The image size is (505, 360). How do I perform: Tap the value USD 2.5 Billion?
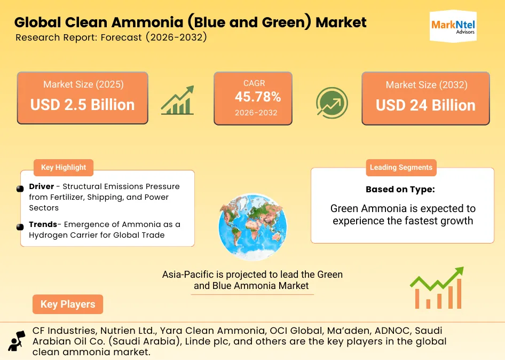point(82,105)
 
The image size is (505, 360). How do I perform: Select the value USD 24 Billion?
point(425,105)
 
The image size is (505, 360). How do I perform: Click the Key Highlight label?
point(64,167)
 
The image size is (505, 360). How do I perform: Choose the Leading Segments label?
point(401,167)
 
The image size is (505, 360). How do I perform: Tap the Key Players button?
point(68,304)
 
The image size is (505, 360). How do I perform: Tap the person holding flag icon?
point(17,340)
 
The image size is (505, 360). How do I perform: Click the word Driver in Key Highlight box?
point(42,186)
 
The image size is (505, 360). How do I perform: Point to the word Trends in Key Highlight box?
point(43,224)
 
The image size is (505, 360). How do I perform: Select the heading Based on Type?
point(400,190)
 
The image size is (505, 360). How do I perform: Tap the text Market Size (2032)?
point(426,85)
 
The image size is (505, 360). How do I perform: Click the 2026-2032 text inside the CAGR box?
point(253,113)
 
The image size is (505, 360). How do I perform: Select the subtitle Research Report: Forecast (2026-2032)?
point(111,38)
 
